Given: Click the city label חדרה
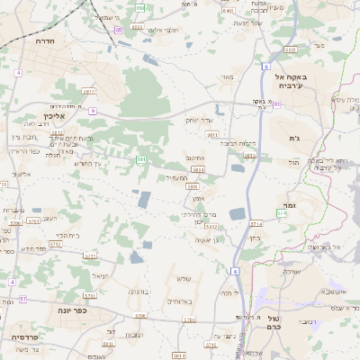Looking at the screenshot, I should pyautogui.click(x=41, y=41).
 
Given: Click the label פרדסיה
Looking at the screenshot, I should pyautogui.click(x=25, y=336).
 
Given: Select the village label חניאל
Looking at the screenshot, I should pyautogui.click(x=100, y=275).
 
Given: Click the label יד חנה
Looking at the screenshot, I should pyautogui.click(x=229, y=292).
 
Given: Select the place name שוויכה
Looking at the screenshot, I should pyautogui.click(x=292, y=270).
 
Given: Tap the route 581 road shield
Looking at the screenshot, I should pyautogui.click(x=141, y=159).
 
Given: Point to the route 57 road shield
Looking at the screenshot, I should pyautogui.click(x=24, y=298).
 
